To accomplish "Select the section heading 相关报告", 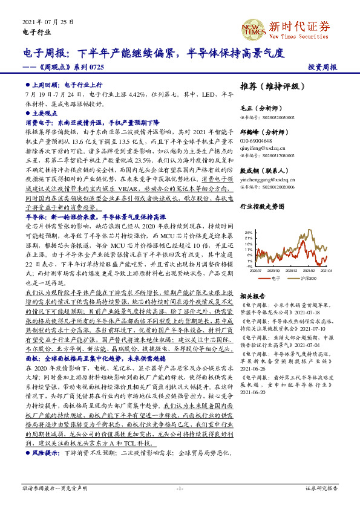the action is click(x=252, y=297).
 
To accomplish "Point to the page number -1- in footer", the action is click(x=180, y=488).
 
